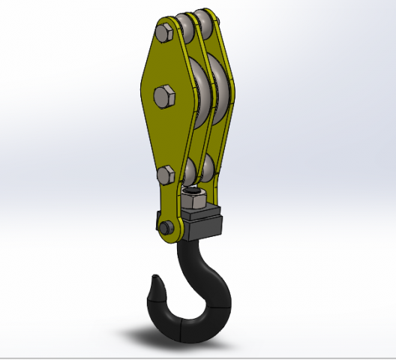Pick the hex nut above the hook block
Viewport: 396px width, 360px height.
click(194, 199)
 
